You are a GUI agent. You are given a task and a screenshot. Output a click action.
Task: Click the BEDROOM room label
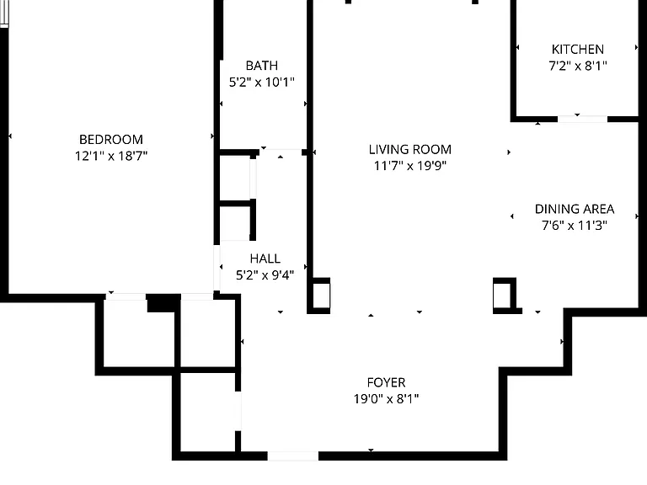tap(111, 140)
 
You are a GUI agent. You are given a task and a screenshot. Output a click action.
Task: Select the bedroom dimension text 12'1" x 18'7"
tap(111, 156)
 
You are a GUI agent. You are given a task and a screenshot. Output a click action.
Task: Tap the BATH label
tap(262, 66)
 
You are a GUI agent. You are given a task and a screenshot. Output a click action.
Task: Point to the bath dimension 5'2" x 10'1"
tap(262, 82)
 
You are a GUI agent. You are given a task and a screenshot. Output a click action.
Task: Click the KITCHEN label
tap(578, 50)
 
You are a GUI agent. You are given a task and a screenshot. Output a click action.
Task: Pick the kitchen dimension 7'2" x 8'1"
tap(578, 66)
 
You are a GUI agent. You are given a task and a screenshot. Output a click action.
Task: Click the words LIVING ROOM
tap(409, 149)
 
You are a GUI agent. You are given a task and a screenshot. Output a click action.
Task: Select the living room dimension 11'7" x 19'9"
tap(409, 166)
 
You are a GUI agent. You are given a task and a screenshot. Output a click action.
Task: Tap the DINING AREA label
tap(575, 209)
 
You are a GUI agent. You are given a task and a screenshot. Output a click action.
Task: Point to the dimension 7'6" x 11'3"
tap(575, 225)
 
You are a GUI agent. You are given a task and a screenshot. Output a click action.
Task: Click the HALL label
tap(265, 258)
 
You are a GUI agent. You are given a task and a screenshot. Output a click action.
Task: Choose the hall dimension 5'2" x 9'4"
tap(265, 274)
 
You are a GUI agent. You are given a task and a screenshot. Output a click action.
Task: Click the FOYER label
tap(386, 383)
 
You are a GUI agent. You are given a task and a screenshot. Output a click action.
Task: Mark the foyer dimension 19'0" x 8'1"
tap(386, 399)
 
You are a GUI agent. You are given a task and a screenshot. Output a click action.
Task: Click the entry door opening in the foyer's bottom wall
tap(293, 456)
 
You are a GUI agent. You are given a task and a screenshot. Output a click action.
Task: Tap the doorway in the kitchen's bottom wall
tap(582, 120)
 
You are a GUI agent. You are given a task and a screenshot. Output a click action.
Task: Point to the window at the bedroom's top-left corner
tap(4, 14)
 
